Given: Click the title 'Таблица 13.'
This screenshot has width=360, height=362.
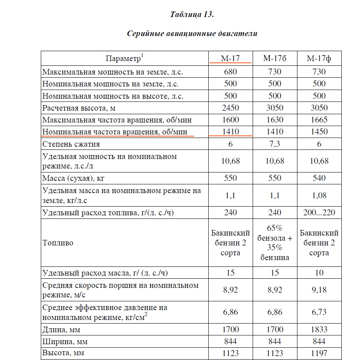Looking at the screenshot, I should [x=192, y=15].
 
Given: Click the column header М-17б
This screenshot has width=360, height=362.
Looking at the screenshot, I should [x=274, y=59].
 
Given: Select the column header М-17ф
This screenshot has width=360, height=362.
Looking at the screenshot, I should [x=319, y=59].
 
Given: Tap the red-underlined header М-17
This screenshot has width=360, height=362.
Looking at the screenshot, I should [x=230, y=59].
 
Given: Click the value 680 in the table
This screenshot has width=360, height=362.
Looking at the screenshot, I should [x=230, y=72].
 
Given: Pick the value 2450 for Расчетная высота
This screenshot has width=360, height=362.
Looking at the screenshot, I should [x=230, y=108].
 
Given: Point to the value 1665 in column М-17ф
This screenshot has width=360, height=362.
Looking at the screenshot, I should [x=319, y=120].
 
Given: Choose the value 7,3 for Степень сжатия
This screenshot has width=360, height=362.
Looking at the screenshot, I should [x=274, y=144].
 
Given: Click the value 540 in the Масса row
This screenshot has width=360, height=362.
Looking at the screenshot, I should [x=319, y=178].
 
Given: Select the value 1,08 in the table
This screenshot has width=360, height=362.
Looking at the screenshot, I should [x=319, y=195].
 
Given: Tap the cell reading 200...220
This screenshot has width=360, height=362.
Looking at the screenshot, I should [x=319, y=213].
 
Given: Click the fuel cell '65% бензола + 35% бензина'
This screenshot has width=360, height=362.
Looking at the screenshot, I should [x=274, y=243].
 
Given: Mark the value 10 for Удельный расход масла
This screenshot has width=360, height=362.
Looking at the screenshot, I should [x=319, y=273].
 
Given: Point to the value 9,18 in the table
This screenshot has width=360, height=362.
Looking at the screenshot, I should [x=319, y=290].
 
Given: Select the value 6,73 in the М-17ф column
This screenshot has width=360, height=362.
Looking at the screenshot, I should [x=319, y=312].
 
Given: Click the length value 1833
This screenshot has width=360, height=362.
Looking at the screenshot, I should [x=319, y=329].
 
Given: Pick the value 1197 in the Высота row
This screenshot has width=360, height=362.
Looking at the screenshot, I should [x=319, y=352].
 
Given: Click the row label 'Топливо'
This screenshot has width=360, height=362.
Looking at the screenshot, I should [x=58, y=243].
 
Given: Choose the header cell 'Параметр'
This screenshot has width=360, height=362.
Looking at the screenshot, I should [x=124, y=59].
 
